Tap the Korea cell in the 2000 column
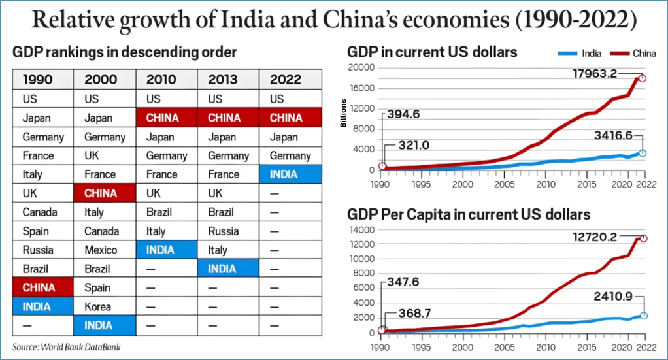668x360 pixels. pos(98,306)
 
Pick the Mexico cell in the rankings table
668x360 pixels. pos(101,250)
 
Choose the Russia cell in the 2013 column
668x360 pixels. pos(224,231)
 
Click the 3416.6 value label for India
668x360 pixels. pos(619,135)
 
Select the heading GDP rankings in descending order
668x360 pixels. pos(125,52)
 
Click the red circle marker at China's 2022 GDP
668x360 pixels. pos(643,78)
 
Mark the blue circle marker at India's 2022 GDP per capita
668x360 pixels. pos(643,315)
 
